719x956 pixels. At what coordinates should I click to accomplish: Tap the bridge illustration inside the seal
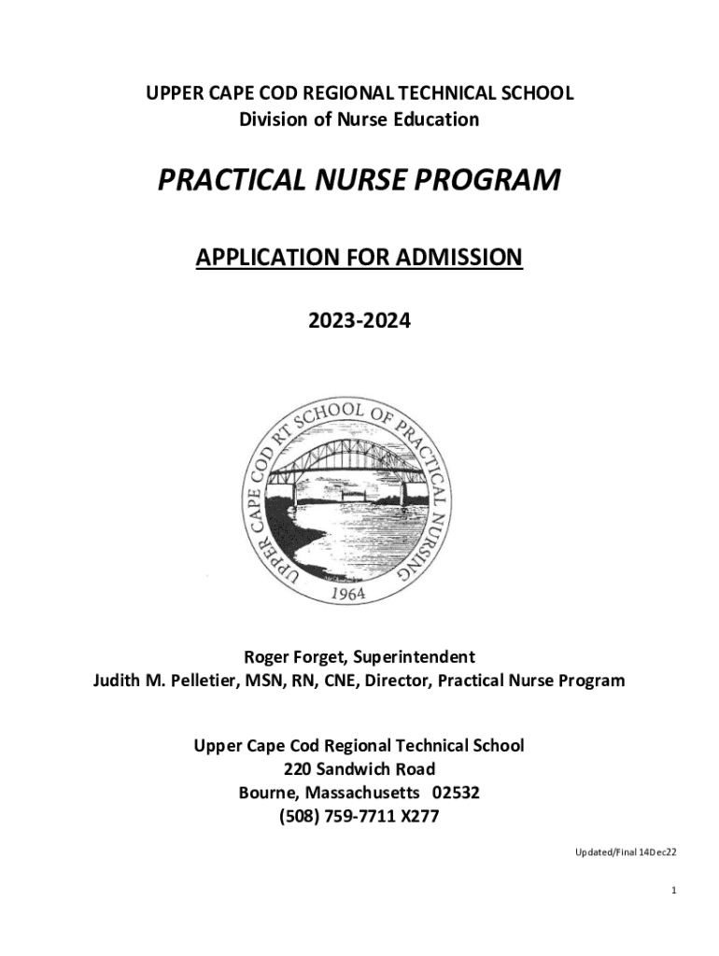(359, 476)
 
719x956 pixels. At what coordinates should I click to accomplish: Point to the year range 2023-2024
(359, 322)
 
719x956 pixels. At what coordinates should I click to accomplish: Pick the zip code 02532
(450, 794)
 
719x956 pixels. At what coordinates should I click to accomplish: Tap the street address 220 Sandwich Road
(359, 769)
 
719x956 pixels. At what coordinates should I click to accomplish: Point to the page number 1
(672, 892)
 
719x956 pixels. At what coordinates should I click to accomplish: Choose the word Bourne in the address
(268, 794)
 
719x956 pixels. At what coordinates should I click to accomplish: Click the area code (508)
(302, 818)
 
